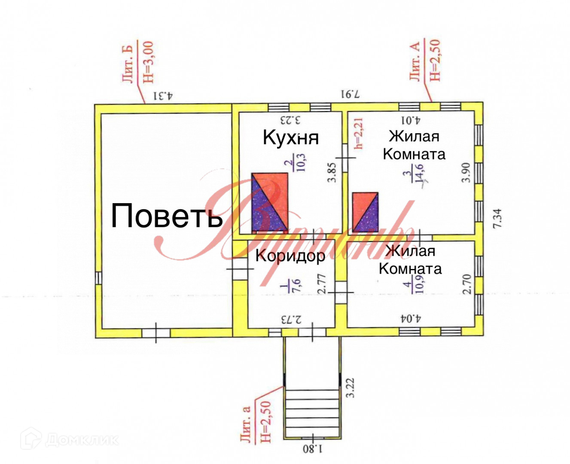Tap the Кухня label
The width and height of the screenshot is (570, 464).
290,137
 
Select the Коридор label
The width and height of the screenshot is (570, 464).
290,256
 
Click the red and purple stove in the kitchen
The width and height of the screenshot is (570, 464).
270,201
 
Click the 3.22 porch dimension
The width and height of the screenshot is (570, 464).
351,387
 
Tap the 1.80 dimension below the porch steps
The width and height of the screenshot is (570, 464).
312,449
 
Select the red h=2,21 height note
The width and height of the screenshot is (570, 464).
360,133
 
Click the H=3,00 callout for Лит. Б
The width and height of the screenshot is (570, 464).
147,62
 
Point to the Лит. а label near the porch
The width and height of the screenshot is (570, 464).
246,424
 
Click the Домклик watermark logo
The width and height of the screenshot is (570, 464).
71,440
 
